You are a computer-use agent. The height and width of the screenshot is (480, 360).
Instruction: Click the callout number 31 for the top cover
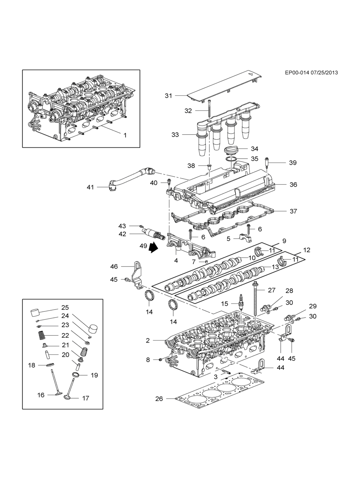pos(168,96)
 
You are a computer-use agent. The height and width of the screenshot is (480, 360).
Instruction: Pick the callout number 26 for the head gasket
pos(159,399)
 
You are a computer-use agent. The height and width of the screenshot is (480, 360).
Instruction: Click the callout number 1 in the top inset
pos(125,135)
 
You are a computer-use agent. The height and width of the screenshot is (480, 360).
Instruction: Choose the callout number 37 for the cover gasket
pos(293,211)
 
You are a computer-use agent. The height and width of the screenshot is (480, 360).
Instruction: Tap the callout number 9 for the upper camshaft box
pos(284,241)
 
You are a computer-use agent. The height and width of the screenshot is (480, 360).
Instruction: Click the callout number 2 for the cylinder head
pos(148,341)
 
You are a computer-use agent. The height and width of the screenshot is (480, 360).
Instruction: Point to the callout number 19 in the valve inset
pos(94,375)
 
